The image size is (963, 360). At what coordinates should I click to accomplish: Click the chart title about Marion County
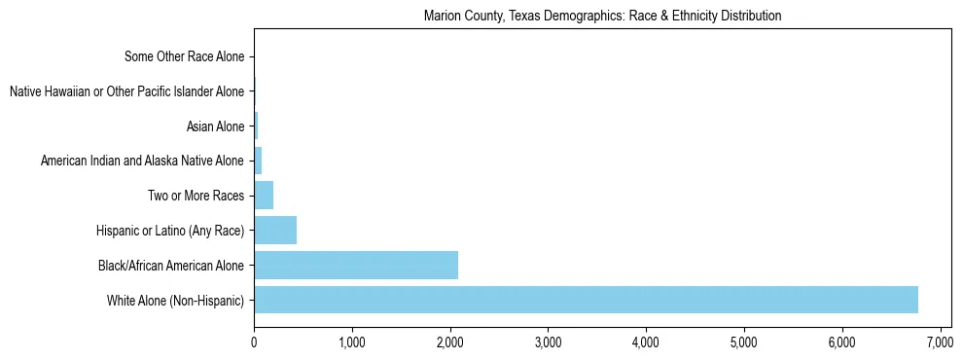603,17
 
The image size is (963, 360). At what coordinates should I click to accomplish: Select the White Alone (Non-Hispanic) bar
586,300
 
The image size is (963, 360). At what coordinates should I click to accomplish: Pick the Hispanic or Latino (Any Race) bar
275,231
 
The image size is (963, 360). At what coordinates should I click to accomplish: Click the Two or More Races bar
264,196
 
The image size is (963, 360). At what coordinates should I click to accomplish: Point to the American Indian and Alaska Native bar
258,161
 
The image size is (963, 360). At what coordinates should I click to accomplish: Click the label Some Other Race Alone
185,56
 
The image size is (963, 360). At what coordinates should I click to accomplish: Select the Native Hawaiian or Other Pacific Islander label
126,91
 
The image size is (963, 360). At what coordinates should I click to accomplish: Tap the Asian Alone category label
215,126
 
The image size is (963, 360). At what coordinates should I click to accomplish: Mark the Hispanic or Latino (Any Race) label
171,231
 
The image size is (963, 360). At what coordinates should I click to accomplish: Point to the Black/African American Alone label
171,265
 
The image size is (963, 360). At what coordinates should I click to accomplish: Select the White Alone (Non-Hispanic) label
176,300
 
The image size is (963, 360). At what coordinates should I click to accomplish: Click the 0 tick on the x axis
254,342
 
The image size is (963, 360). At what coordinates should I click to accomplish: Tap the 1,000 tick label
352,342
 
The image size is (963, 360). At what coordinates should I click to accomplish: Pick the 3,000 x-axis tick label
548,342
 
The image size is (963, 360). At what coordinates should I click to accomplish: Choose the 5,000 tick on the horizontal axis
743,342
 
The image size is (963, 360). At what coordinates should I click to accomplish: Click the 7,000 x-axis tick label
940,342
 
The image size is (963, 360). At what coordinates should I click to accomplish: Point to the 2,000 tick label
449,342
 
